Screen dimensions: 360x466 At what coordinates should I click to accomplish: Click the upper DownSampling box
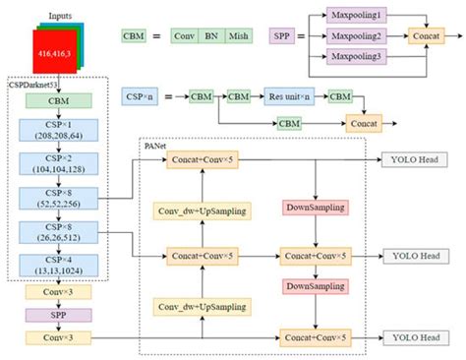click(313, 209)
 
